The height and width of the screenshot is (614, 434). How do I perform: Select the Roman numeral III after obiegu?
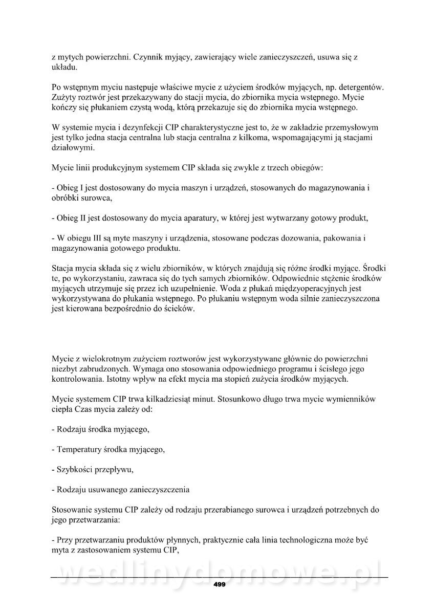[97, 238]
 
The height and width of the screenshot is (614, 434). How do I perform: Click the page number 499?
[219, 584]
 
